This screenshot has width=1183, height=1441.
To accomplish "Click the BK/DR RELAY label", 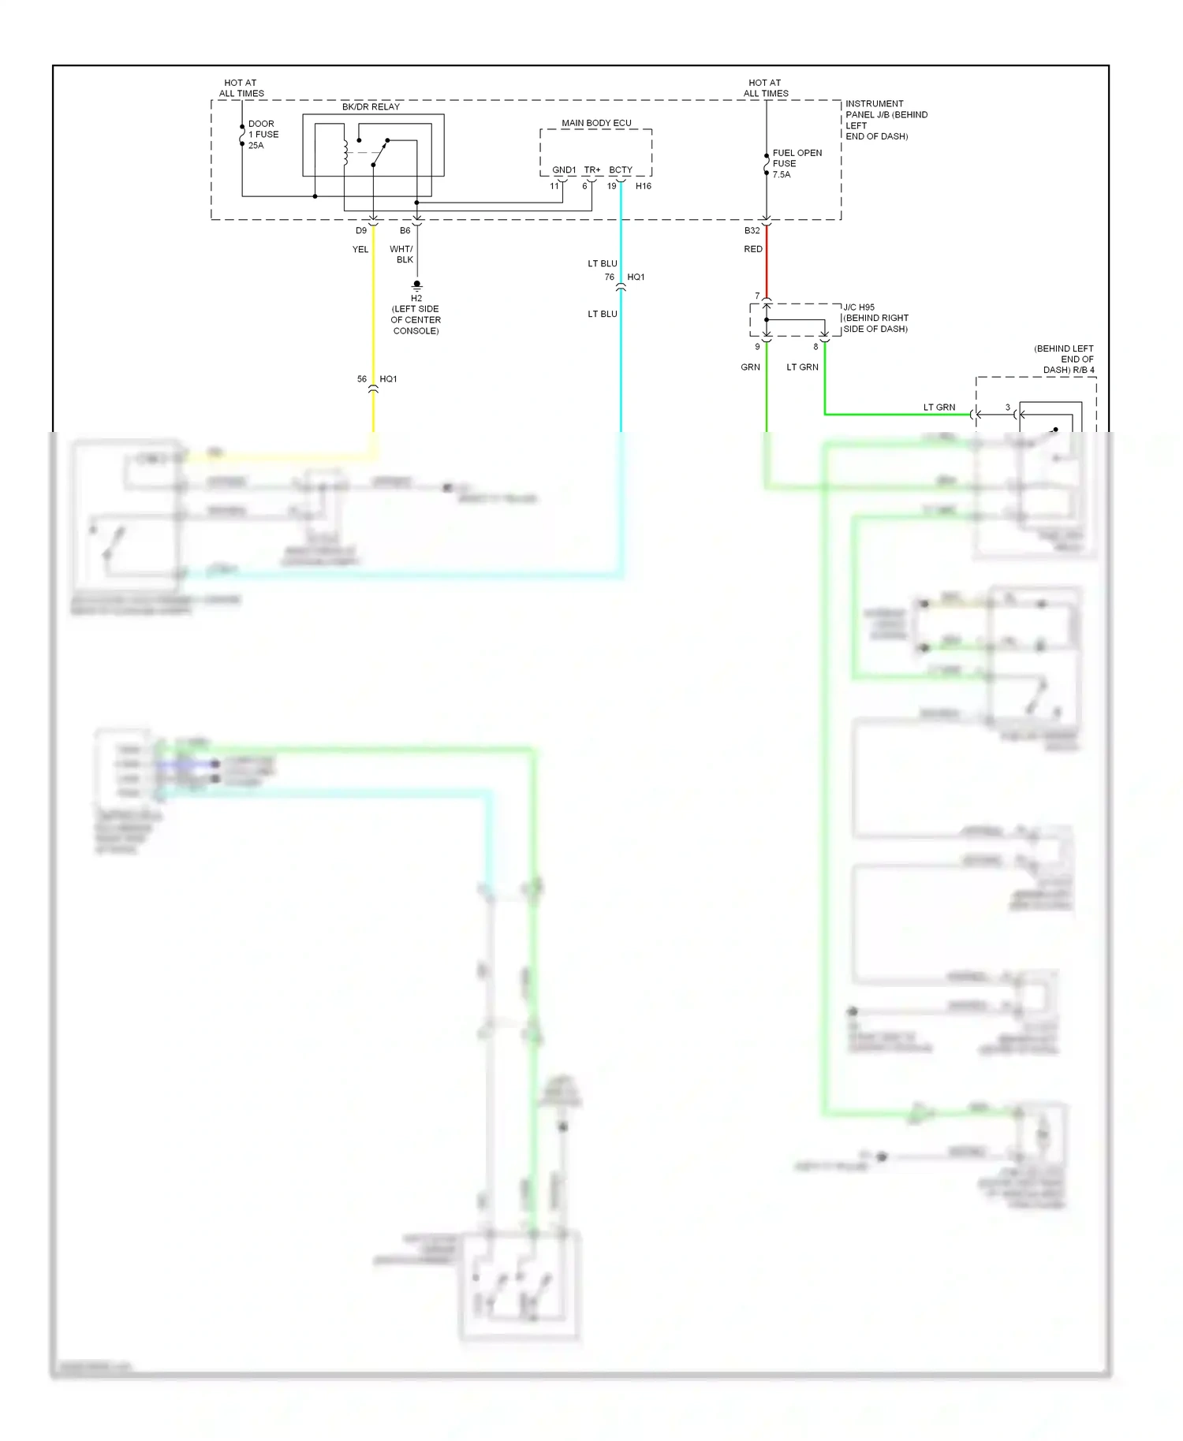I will pos(371,106).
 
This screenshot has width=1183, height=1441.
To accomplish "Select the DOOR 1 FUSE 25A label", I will pos(263,135).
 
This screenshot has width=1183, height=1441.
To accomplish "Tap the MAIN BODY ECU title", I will pos(596,123).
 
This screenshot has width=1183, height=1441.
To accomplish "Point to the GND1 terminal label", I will pos(564,170).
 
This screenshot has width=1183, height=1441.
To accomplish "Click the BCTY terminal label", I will pos(621,170).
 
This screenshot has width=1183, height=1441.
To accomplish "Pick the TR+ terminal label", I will pos(592,170).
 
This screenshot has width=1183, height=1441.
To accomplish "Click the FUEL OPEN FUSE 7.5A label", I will pos(797,164).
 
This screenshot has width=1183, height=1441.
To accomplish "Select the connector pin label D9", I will pos(361,231).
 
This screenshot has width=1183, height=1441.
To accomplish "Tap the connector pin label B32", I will pos(752,231).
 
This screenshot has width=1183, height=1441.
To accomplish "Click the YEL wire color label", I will pos(360,249).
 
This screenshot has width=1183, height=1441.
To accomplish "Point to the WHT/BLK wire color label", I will pos(402,254).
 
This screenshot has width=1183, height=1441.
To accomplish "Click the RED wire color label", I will pos(753,249).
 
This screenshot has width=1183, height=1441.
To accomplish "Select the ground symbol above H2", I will pos(417,285).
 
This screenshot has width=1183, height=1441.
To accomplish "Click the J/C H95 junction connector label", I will pos(859,307).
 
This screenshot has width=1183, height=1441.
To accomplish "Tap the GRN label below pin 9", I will pos(750,367).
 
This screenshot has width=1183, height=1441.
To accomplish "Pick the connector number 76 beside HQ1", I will pos(609,277).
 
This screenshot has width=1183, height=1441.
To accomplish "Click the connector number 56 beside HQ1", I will pos(362,379).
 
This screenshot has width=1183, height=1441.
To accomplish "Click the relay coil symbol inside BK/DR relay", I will pos(345,152).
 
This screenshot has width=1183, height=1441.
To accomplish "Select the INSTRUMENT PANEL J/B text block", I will pos(885,120).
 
